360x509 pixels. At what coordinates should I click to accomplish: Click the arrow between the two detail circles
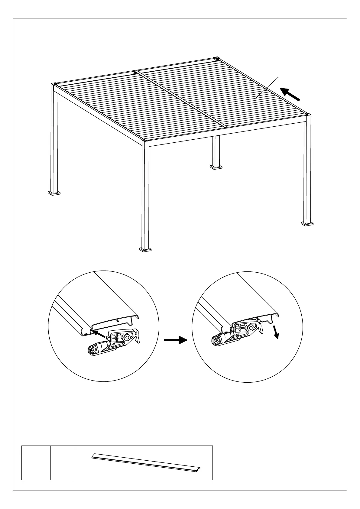[176, 340]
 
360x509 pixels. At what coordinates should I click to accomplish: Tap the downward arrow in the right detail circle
[276, 332]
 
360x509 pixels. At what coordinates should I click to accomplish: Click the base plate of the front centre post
[145, 250]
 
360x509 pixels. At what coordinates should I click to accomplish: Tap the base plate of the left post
[54, 193]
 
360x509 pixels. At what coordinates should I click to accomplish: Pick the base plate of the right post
[307, 224]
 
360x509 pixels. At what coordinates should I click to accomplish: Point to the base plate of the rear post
[216, 166]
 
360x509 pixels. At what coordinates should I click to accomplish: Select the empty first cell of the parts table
[36, 462]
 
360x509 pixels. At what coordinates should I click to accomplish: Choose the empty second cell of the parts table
[62, 462]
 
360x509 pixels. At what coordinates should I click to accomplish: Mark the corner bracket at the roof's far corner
[216, 59]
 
